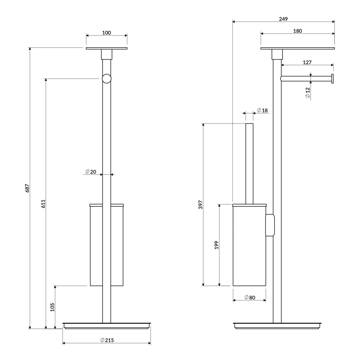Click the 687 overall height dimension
click(27, 188)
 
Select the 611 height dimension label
click(43, 204)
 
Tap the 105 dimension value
click(52, 307)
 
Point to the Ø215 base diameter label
click(107, 340)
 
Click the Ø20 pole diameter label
click(91, 172)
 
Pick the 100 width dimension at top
click(107, 33)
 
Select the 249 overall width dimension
click(283, 19)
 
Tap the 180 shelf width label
click(298, 31)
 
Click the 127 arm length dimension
click(307, 62)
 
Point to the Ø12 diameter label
click(308, 93)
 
